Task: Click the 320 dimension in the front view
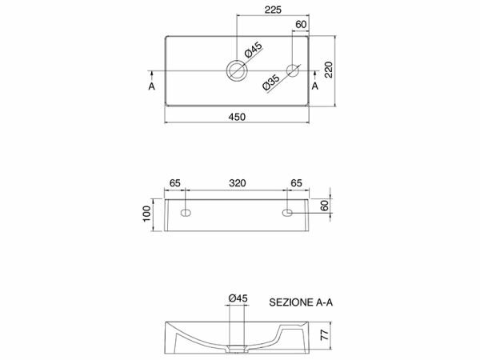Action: pyautogui.click(x=236, y=183)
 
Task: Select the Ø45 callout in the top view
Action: pyautogui.click(x=253, y=52)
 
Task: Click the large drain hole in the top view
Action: pyautogui.click(x=237, y=70)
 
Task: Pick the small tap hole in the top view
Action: pyautogui.click(x=293, y=70)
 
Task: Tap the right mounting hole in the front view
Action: pyautogui.click(x=287, y=213)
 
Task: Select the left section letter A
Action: pyautogui.click(x=152, y=84)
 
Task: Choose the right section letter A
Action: pyautogui.click(x=315, y=84)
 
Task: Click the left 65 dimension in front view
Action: pyautogui.click(x=175, y=183)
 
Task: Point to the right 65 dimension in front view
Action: pyautogui.click(x=296, y=183)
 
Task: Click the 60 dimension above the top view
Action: pyautogui.click(x=301, y=25)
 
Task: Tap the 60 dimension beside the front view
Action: pyautogui.click(x=325, y=206)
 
